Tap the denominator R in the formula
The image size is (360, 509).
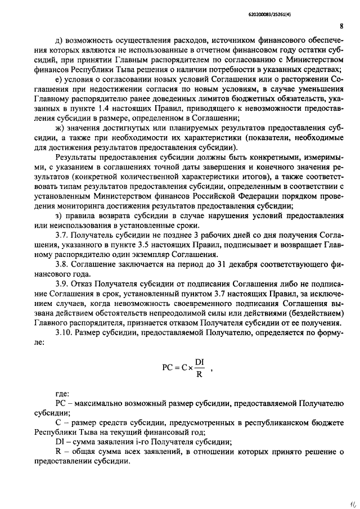pyautogui.click(x=199, y=375)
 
